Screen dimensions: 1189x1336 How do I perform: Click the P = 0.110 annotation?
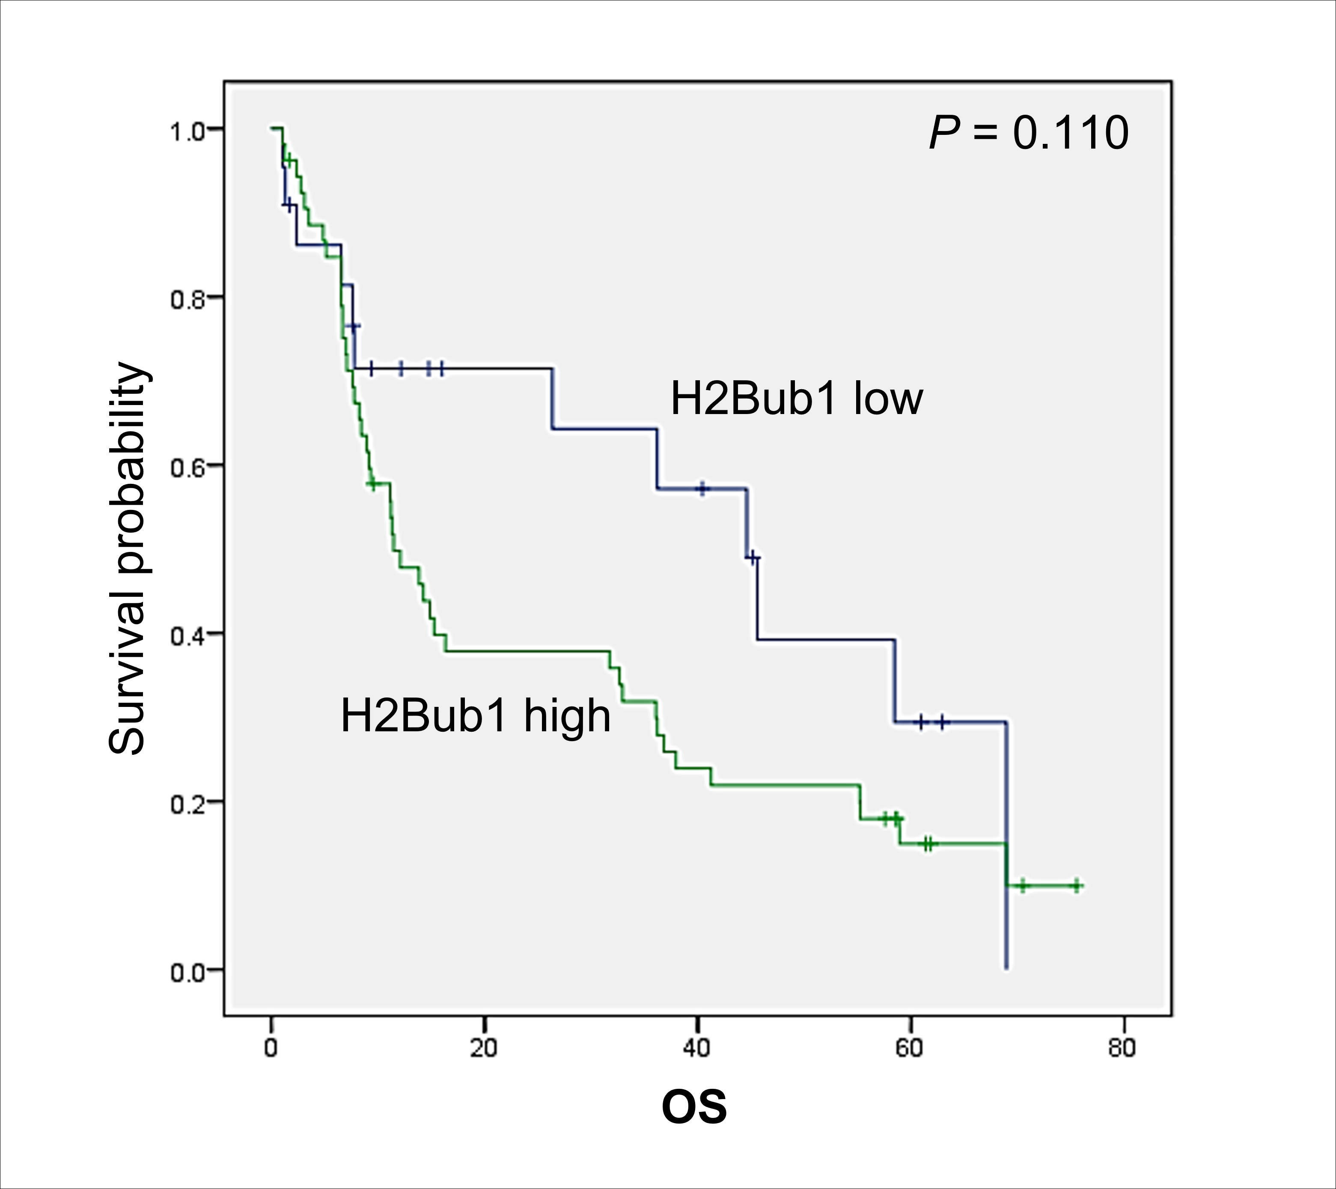(x=1029, y=133)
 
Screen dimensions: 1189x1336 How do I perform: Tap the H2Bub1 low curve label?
(x=796, y=399)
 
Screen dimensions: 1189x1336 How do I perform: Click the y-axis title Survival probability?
(x=128, y=558)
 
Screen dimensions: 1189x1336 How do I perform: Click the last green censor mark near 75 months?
(x=1076, y=886)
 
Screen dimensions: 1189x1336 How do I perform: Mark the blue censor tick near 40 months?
(x=702, y=488)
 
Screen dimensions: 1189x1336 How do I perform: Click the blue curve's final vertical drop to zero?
(x=1006, y=850)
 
